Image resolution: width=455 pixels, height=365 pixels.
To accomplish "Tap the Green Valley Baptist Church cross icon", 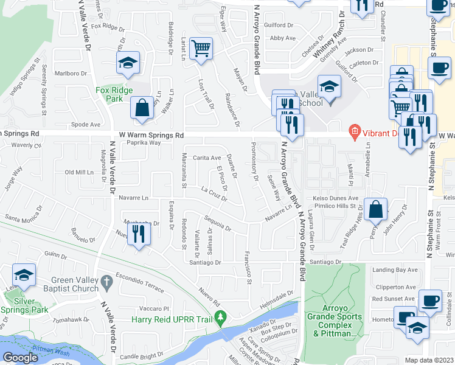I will tap(106, 281).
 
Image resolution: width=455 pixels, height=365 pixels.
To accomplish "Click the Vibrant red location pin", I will tap(354, 131).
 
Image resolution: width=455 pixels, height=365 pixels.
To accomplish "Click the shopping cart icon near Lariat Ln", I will tap(201, 48).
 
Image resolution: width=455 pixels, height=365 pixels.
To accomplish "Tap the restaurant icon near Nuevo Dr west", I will tap(139, 234).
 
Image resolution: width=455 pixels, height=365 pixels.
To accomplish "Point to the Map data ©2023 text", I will tap(429, 360).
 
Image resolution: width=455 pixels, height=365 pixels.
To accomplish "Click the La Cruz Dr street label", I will tap(214, 193).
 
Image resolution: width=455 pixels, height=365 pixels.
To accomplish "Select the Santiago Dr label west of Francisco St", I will tap(204, 262).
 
